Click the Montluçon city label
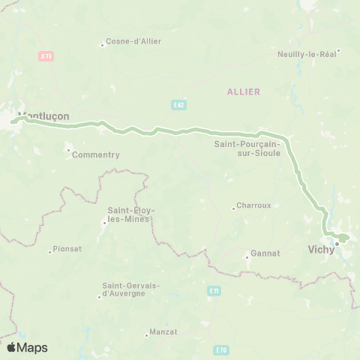point(46,117)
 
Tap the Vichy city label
point(322,252)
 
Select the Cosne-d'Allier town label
point(134,41)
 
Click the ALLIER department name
point(244,91)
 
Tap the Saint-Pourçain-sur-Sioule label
point(247,148)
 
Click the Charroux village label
point(253,205)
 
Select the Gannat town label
point(265,253)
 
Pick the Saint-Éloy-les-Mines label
point(131,214)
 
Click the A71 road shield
point(45,55)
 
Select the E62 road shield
point(178,103)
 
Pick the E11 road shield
point(214,290)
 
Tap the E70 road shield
point(220,349)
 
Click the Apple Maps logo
point(27,347)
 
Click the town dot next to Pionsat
point(50,250)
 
